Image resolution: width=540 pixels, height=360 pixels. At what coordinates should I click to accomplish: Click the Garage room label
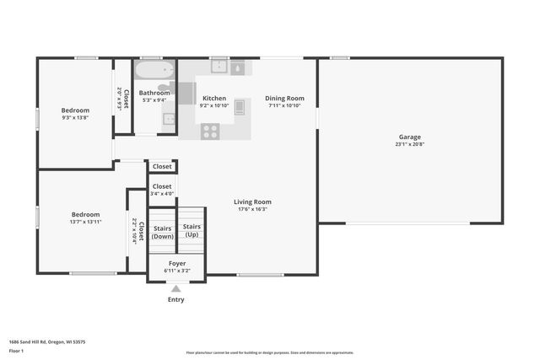coord(409,137)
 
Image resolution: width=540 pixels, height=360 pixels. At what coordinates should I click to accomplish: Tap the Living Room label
coord(252,201)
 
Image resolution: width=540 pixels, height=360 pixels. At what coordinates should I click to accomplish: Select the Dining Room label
coord(284,99)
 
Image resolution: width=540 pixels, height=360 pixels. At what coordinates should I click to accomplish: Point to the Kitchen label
coord(214,99)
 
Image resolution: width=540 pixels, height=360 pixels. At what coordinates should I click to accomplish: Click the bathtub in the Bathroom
coord(154,70)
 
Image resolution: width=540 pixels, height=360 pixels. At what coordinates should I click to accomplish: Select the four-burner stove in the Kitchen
coord(210,131)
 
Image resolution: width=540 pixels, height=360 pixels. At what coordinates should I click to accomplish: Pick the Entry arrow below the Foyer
coord(175,288)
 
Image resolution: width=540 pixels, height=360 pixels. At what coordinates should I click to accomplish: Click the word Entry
coord(175,299)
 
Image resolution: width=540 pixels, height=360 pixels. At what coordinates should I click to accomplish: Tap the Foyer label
coord(177,263)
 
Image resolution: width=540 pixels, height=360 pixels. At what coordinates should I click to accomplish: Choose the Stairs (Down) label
coord(163,232)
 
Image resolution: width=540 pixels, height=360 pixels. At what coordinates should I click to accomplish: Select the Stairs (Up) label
coord(192,229)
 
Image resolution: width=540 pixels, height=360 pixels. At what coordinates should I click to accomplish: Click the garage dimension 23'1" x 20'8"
coord(409,145)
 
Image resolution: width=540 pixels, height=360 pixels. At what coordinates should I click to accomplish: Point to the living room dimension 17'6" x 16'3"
coord(252,210)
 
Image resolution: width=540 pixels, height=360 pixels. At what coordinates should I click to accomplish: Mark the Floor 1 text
coord(15,350)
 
